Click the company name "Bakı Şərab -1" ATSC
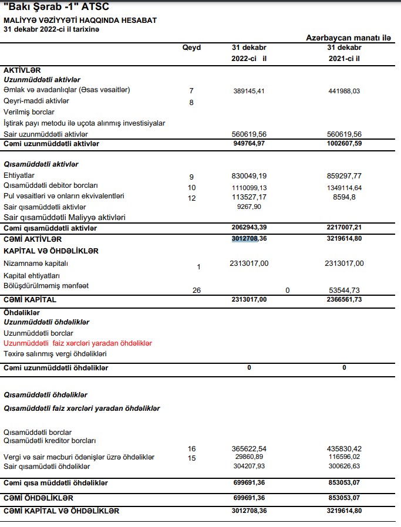click(x=56, y=7)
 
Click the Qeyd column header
click(x=191, y=47)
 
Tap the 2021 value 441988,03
click(x=344, y=92)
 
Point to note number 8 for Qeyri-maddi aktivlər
click(x=191, y=103)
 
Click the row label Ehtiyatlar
click(x=19, y=175)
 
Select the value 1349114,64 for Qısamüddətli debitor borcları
click(x=344, y=187)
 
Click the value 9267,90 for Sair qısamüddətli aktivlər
click(x=250, y=207)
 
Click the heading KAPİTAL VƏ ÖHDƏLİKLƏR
click(x=51, y=251)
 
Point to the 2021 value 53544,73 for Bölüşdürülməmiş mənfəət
click(x=344, y=290)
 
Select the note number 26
click(x=197, y=290)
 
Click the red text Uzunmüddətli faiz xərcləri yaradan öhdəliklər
click(x=78, y=343)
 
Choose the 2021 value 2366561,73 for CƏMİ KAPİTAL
click(x=344, y=300)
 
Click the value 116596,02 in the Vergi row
click(x=344, y=457)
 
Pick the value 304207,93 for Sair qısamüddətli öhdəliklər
click(x=250, y=466)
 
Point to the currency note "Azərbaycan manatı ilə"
click(x=349, y=38)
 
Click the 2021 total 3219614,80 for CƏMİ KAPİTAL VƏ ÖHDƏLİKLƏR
click(x=344, y=511)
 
